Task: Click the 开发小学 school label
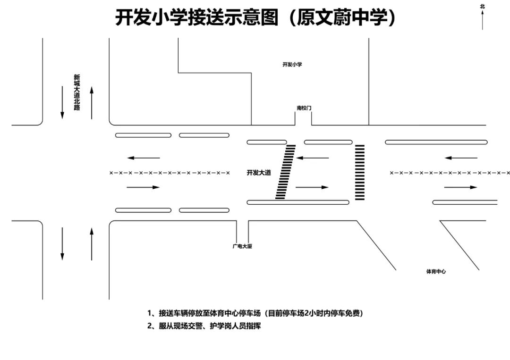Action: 292,65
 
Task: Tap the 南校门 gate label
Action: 304,108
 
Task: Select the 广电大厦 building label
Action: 242,246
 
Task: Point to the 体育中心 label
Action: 436,272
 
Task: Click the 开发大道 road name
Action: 259,173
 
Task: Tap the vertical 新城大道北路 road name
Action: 77,92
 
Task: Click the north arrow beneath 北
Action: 482,20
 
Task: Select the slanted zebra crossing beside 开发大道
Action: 285,172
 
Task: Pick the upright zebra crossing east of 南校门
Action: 360,172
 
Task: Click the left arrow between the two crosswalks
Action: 312,158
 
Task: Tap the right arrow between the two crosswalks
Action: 312,187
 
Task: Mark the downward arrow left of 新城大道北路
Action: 62,102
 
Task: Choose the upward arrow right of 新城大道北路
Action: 92,102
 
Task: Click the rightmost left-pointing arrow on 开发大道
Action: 461,158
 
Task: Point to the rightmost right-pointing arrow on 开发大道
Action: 461,187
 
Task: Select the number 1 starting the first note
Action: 150,313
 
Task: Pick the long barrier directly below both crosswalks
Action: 298,202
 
